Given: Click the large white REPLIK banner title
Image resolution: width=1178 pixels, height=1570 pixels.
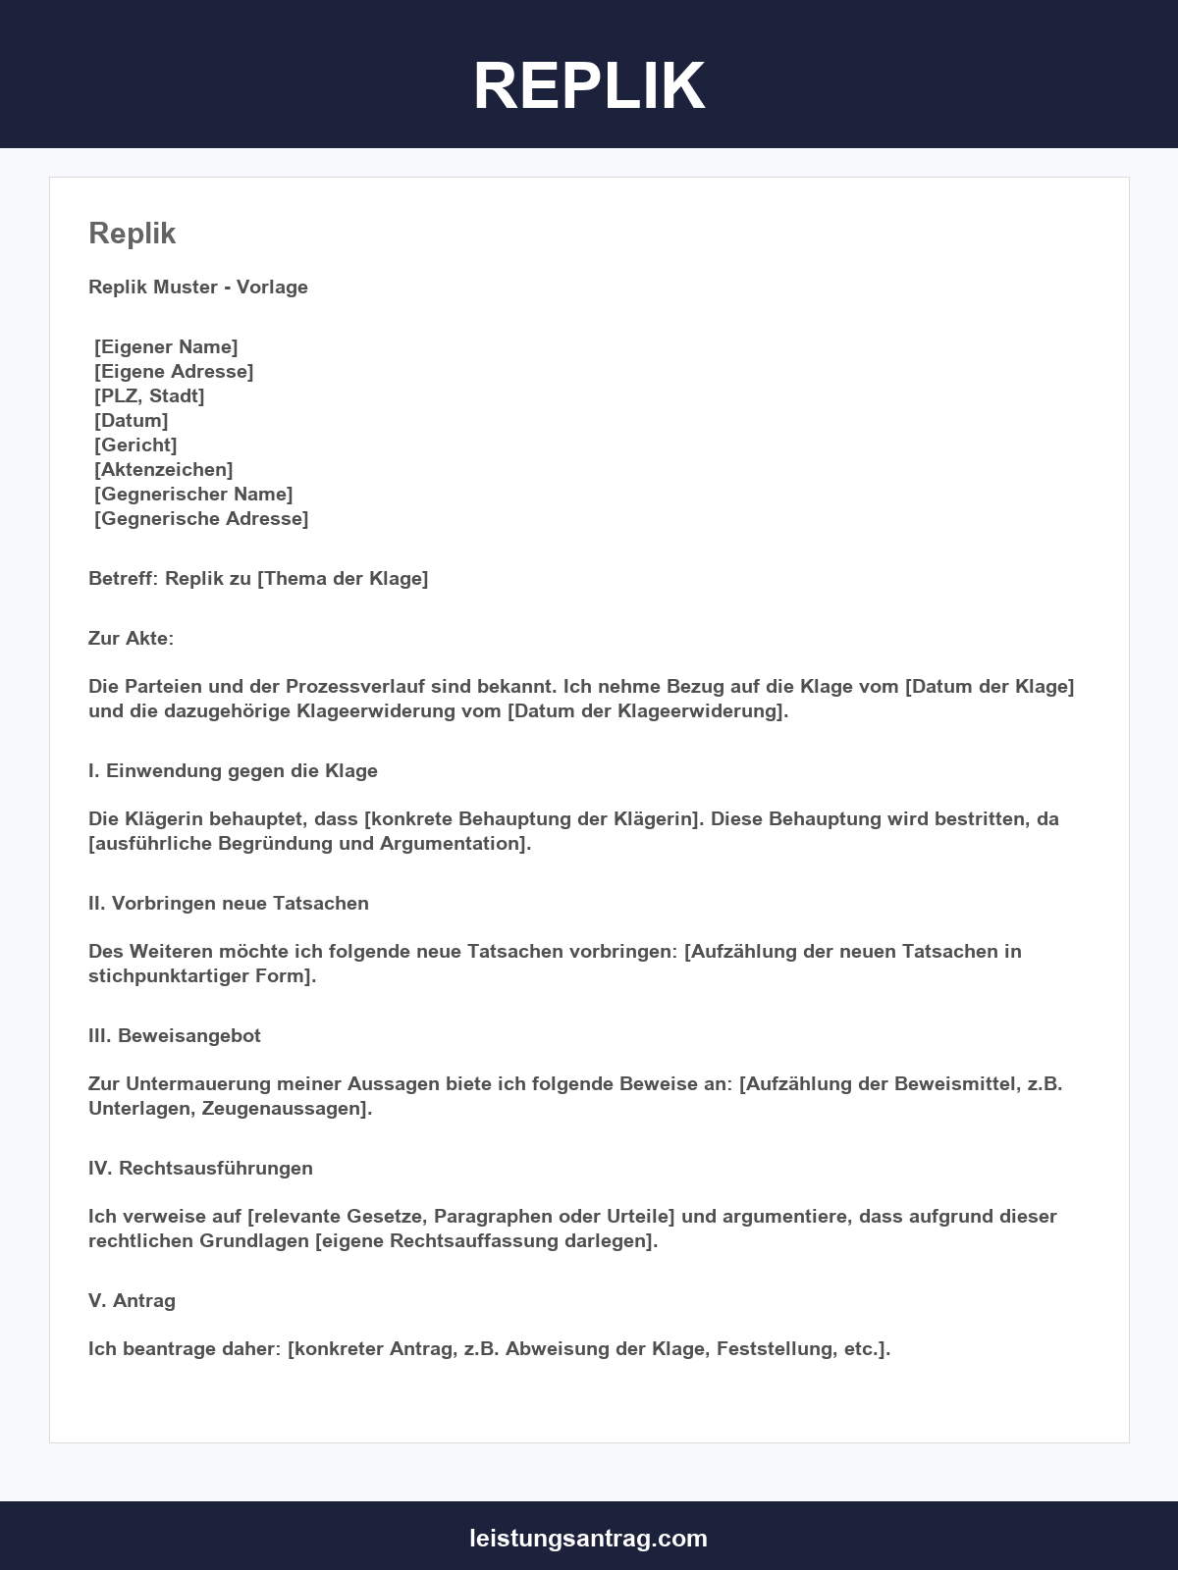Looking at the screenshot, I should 589,85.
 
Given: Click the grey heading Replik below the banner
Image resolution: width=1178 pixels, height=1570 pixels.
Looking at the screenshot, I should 133,234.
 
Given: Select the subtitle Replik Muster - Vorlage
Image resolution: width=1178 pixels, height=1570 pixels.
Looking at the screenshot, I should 198,288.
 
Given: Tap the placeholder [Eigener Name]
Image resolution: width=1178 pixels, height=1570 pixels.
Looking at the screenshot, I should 166,347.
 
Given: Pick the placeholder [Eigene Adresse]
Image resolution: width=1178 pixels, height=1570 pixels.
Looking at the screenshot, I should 174,372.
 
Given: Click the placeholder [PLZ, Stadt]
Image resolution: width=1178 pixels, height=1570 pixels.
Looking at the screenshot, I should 149,396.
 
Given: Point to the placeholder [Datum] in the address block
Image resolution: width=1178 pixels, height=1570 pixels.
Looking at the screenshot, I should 132,421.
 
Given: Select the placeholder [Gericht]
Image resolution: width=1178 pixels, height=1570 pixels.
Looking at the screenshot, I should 135,445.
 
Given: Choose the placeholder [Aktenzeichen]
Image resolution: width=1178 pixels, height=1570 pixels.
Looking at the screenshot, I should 164,470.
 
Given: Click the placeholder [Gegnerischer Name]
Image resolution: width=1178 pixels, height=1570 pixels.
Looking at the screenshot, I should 193,495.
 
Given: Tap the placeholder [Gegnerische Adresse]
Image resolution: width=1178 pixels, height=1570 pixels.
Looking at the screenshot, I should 201,519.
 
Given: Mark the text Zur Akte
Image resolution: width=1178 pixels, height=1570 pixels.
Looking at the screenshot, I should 130,639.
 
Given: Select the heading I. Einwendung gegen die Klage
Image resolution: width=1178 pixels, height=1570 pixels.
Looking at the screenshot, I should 233,771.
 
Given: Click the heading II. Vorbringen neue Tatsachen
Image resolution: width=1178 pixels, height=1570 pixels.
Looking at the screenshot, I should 229,904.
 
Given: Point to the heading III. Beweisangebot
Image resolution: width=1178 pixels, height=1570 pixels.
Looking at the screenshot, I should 175,1036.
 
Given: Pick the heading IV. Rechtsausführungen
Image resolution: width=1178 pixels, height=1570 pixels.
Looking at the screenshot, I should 200,1169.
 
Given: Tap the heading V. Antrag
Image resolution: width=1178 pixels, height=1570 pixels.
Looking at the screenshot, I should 132,1301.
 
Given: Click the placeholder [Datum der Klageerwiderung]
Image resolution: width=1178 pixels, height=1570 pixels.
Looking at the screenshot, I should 647,711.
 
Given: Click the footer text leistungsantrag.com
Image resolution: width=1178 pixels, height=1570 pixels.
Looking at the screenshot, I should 589,1538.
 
